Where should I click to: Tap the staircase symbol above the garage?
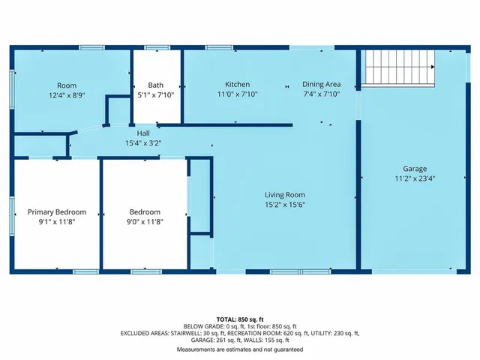(399, 67)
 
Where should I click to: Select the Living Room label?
(284, 194)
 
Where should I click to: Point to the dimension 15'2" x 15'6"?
(284, 204)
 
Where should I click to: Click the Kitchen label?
(237, 84)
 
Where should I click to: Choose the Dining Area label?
(321, 84)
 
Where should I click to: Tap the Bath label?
(156, 84)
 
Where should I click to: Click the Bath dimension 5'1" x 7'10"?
(156, 94)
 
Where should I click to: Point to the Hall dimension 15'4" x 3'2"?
(142, 142)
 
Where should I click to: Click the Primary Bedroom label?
(57, 211)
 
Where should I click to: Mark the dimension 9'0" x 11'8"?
(144, 222)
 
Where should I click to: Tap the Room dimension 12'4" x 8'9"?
(67, 95)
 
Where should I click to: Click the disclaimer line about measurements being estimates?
(240, 349)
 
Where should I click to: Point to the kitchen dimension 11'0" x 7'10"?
(237, 94)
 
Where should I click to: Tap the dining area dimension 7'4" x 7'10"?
(321, 94)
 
